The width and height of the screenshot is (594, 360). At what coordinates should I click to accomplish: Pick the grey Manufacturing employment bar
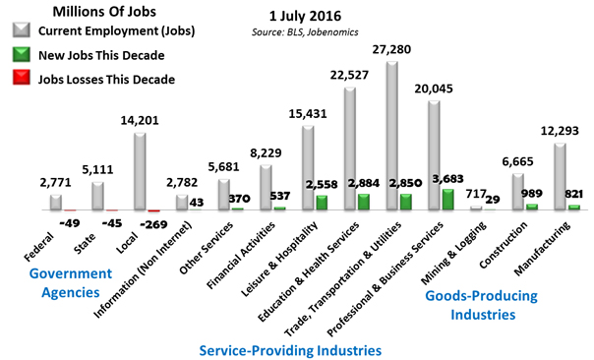tap(561, 177)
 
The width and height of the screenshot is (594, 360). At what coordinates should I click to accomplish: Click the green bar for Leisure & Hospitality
tap(322, 203)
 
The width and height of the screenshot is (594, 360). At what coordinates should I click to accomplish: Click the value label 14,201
tap(140, 95)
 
